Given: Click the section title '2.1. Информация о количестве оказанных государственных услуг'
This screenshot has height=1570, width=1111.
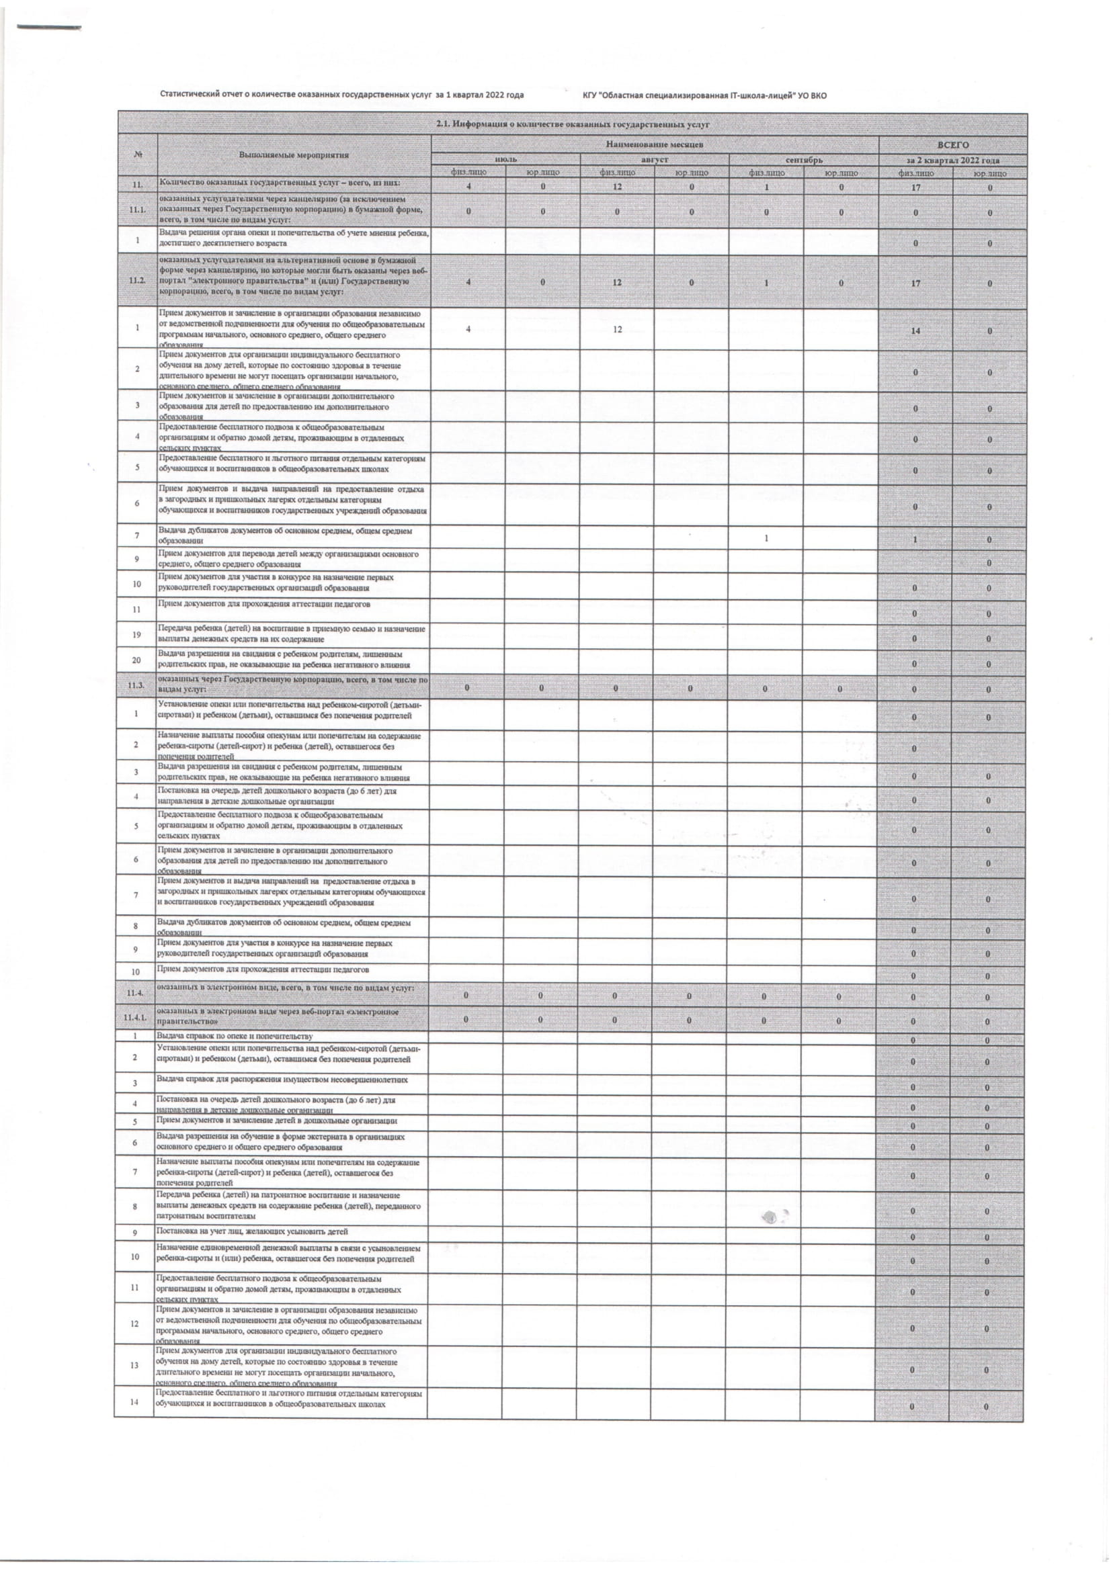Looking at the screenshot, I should (x=573, y=124).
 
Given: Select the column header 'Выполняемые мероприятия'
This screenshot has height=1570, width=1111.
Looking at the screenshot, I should (x=294, y=155).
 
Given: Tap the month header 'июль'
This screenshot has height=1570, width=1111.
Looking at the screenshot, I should (x=505, y=159).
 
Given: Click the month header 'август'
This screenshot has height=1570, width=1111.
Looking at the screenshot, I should (x=655, y=159).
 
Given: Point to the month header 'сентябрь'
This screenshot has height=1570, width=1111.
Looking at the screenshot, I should (x=804, y=159).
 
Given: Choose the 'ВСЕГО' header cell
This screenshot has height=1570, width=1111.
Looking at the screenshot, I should (x=952, y=145).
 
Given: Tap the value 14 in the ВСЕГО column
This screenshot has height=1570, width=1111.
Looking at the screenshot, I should (x=915, y=331).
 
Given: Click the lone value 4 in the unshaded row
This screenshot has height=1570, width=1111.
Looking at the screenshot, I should (x=468, y=330).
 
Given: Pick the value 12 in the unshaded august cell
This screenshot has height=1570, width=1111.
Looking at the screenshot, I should (x=617, y=330).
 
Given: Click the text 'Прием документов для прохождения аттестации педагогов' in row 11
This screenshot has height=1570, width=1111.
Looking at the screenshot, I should (x=264, y=604).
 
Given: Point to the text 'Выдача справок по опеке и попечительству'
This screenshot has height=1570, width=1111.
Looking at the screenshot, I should (x=235, y=1036).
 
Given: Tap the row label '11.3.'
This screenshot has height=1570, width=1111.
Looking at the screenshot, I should (x=137, y=685).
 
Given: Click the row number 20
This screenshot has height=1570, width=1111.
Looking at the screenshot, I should (x=137, y=660).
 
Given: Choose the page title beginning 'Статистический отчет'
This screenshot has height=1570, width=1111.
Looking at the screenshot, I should (x=341, y=95).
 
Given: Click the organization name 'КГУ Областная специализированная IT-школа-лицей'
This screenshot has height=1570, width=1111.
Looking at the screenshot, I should (x=704, y=95).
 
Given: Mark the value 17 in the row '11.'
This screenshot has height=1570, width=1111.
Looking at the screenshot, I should (x=915, y=187).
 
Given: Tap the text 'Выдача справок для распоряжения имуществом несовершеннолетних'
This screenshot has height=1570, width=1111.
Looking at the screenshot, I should (x=282, y=1080).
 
